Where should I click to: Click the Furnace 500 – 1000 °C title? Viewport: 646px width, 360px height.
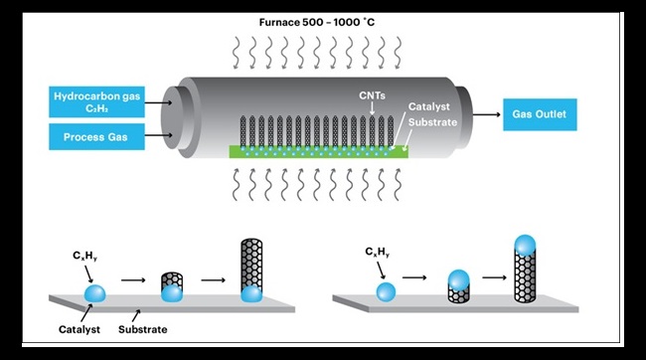click(x=322, y=19)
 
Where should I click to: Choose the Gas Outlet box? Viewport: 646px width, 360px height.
click(x=539, y=114)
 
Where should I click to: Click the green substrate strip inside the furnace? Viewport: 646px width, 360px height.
click(x=318, y=151)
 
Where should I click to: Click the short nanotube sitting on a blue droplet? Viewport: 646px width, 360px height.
click(x=174, y=286)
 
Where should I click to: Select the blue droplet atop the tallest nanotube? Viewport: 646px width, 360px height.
click(x=526, y=245)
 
